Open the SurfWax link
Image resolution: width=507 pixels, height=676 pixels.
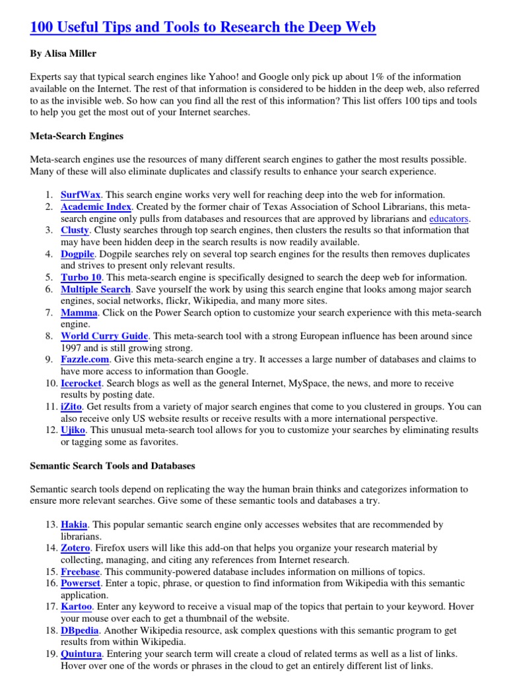tap(81, 195)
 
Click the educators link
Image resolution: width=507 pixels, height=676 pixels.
tap(449, 219)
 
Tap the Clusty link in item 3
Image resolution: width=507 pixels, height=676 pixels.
tap(75, 230)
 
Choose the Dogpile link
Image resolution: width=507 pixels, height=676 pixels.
tap(78, 253)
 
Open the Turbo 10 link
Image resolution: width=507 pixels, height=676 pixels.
tap(81, 277)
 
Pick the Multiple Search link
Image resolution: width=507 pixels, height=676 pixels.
tap(96, 289)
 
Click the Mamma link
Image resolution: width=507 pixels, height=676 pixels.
tap(79, 313)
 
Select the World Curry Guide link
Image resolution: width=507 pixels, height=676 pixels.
tap(104, 336)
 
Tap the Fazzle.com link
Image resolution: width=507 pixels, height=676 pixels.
tap(85, 360)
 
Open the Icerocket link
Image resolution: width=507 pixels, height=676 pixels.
tap(81, 384)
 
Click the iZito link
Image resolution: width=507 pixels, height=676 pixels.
tap(72, 407)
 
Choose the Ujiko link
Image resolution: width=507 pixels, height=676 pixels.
tap(74, 430)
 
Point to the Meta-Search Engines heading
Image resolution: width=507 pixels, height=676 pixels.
tap(77, 136)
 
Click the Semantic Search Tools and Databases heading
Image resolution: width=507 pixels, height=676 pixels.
tap(112, 466)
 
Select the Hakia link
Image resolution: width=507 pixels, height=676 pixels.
tap(74, 525)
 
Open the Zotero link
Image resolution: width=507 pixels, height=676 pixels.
tap(75, 548)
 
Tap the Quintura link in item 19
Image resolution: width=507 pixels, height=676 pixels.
tap(81, 654)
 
